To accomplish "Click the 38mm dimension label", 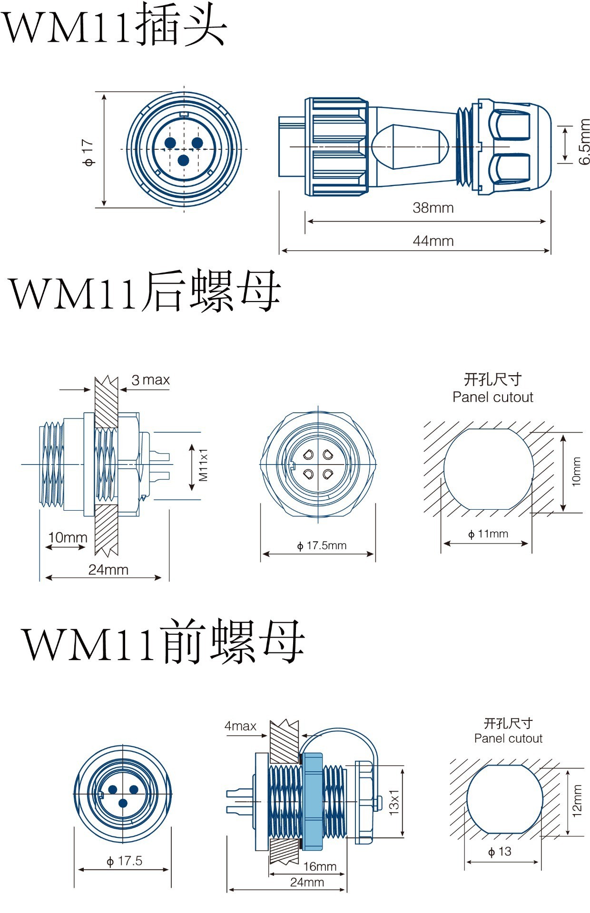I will [433, 208].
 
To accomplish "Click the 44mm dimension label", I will [433, 241].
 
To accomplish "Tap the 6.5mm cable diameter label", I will [584, 142].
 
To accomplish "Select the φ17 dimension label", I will [88, 152].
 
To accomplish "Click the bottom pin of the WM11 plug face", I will [183, 160].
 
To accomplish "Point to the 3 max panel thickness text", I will [150, 380].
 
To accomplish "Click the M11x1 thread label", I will [204, 465].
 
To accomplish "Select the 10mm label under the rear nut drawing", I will [68, 538].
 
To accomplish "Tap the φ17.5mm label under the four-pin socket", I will [322, 545].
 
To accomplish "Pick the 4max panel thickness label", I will [240, 726].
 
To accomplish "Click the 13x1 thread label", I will [394, 802].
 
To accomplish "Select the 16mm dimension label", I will [320, 866].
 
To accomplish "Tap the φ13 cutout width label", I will [500, 852].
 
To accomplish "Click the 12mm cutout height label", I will [577, 801].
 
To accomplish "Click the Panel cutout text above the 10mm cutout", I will [492, 397].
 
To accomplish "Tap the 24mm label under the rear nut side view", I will [108, 570].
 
